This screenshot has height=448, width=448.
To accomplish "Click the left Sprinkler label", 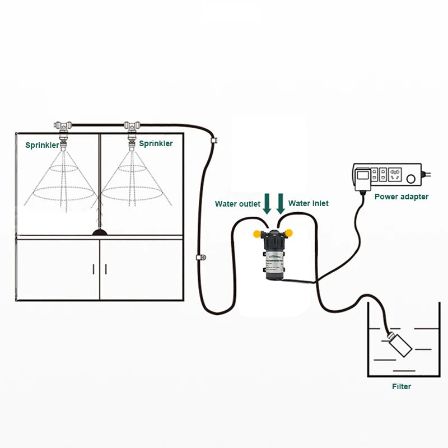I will click(x=42, y=145).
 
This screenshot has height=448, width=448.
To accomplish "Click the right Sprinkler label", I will click(x=156, y=143).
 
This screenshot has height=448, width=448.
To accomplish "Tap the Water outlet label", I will click(x=237, y=204).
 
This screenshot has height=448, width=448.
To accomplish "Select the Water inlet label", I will click(x=309, y=203).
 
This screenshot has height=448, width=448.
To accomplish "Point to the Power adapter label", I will click(x=402, y=197).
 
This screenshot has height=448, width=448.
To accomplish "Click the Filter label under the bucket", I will click(x=402, y=386).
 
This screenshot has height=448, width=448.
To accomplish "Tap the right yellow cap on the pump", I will click(x=291, y=232).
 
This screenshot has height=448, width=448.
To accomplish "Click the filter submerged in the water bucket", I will click(x=398, y=344).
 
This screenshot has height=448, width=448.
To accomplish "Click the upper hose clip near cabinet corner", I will click(x=213, y=139).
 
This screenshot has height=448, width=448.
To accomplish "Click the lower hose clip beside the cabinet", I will click(x=199, y=258).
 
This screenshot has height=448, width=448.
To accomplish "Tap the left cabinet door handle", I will click(x=93, y=268).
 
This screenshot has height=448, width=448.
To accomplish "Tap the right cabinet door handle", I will click(x=106, y=268).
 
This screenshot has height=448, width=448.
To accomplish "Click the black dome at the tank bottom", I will click(x=100, y=231).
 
